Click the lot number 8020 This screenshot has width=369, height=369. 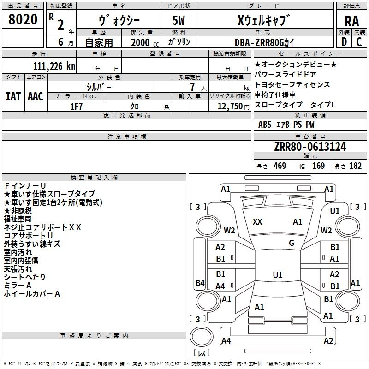pyautogui.click(x=23, y=19)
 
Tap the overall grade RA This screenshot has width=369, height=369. pyautogui.click(x=351, y=21)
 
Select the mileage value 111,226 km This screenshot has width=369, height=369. pyautogui.click(x=54, y=66)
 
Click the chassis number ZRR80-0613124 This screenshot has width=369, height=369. pyautogui.click(x=310, y=147)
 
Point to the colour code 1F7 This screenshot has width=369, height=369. pyautogui.click(x=76, y=107)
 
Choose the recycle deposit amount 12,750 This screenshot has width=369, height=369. pyautogui.click(x=230, y=107)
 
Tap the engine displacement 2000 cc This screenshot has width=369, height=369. pyautogui.click(x=145, y=43)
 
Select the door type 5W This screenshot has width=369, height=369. pyautogui.click(x=179, y=20)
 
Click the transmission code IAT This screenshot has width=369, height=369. pyautogui.click(x=13, y=96)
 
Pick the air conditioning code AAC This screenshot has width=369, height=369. pyautogui.click(x=36, y=96)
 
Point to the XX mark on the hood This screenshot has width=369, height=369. pyautogui.click(x=257, y=222)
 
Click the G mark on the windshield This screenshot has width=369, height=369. pyautogui.click(x=292, y=243)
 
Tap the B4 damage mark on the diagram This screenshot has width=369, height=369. pyautogui.click(x=200, y=283)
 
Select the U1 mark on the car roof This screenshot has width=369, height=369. pyautogui.click(x=278, y=275)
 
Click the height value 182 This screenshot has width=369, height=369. pyautogui.click(x=355, y=166)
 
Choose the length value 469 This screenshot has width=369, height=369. pyautogui.click(x=280, y=166)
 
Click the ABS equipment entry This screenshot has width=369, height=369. pyautogui.click(x=265, y=125)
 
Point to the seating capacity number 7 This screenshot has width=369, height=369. pyautogui.click(x=192, y=87)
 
